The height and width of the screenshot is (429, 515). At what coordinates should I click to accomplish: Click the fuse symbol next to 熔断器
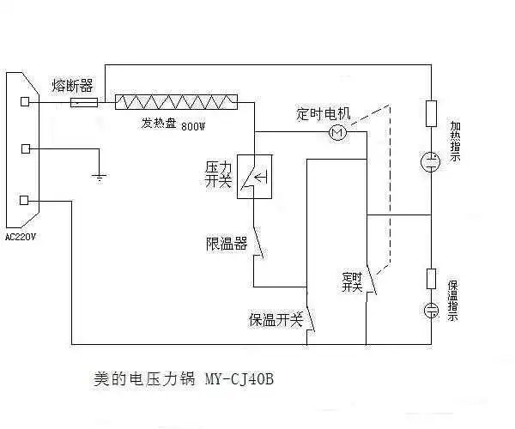pyautogui.click(x=82, y=102)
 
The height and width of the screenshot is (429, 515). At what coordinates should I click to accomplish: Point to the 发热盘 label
pyautogui.click(x=159, y=124)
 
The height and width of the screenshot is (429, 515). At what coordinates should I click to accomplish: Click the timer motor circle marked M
pyautogui.click(x=336, y=132)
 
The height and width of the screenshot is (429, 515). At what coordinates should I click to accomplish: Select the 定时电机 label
pyautogui.click(x=324, y=113)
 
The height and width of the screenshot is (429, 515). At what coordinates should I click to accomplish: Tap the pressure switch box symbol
pyautogui.click(x=254, y=177)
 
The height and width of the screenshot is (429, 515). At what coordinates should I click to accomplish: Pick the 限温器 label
pyautogui.click(x=227, y=243)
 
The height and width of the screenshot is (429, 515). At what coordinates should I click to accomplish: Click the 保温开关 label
pyautogui.click(x=276, y=319)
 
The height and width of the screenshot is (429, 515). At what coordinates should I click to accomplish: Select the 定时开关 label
pyautogui.click(x=352, y=281)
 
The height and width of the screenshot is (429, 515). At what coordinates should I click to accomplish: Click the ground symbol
pyautogui.click(x=100, y=177)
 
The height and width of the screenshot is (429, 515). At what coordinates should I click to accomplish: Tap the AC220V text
pyautogui.click(x=21, y=237)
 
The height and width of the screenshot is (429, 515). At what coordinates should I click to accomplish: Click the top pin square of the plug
pyautogui.click(x=26, y=101)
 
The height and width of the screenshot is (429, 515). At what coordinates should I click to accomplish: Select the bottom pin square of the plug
pyautogui.click(x=26, y=200)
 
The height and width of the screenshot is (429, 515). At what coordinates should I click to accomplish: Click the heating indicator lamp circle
pyautogui.click(x=432, y=160)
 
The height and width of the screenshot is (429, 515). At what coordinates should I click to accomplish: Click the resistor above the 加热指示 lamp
pyautogui.click(x=432, y=113)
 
